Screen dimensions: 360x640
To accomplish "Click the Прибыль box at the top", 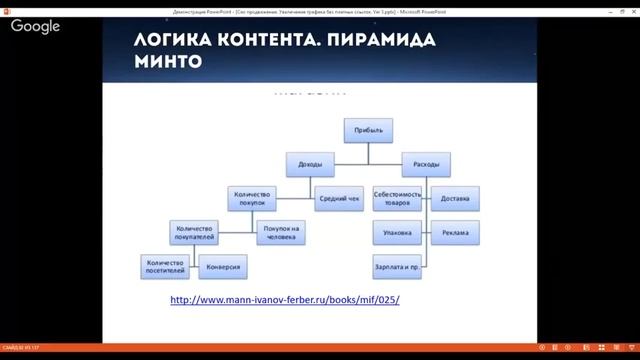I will (x=368, y=130).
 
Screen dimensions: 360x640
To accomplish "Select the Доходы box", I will (x=310, y=164).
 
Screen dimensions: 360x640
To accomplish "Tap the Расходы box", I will (x=425, y=164).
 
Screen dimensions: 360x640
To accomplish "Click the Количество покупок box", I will (x=253, y=198).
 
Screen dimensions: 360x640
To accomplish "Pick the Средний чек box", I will (x=339, y=198).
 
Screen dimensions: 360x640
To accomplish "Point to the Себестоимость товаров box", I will (x=398, y=198).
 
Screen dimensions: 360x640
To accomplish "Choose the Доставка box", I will (x=456, y=198).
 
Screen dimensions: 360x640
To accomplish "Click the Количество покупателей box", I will (x=195, y=233).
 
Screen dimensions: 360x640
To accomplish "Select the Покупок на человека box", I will (x=281, y=233).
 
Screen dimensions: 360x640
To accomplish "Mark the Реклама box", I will (x=456, y=233).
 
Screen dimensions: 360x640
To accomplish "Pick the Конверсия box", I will (x=223, y=268).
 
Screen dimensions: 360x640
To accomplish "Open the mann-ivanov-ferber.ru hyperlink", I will (x=285, y=300).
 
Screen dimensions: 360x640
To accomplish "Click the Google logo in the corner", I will (x=36, y=27).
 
